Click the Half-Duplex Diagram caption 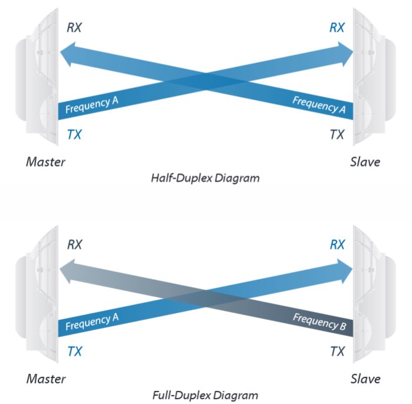205,178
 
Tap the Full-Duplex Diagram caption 205,395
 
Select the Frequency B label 319,322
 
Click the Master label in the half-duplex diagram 45,162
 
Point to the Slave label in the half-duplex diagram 365,162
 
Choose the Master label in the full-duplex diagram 46,379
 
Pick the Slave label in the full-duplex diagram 365,379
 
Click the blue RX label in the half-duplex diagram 337,28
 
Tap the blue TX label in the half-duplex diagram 74,134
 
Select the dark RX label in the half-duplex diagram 74,28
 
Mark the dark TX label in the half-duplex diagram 337,134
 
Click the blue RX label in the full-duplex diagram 337,244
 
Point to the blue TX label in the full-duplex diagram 75,351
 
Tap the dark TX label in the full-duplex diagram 337,351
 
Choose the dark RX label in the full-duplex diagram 75,244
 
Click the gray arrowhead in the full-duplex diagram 67,271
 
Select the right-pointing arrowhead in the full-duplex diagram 345,271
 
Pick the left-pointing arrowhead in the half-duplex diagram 67,54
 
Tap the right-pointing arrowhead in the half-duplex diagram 345,54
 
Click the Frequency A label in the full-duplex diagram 92,322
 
